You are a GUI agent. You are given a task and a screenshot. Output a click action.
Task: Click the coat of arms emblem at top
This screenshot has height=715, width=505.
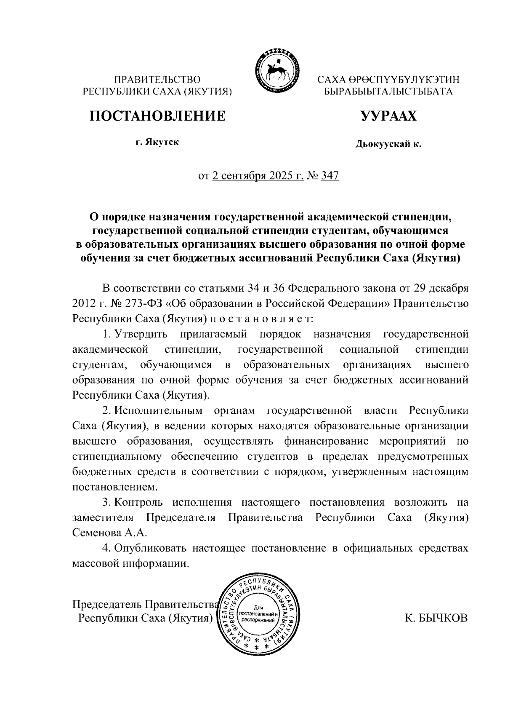pyautogui.click(x=276, y=70)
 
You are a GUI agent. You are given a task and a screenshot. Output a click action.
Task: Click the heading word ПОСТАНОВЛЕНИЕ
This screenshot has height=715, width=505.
pyautogui.click(x=157, y=115)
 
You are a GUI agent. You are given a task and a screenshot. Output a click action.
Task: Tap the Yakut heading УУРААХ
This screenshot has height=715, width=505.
pyautogui.click(x=388, y=115)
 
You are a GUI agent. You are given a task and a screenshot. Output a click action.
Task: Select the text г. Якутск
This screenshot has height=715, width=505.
pyautogui.click(x=157, y=142)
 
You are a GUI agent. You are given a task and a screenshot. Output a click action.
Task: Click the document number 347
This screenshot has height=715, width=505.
pyautogui.click(x=330, y=175)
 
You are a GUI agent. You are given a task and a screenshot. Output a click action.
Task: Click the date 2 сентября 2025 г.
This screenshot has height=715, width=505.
pyautogui.click(x=258, y=175)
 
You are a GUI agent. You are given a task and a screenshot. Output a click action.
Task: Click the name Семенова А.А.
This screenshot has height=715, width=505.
pyautogui.click(x=109, y=533)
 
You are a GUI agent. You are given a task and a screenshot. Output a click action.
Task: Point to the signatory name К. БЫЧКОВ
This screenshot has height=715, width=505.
pyautogui.click(x=436, y=618)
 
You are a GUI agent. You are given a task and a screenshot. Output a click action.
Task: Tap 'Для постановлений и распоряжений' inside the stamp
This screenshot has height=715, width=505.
pyautogui.click(x=259, y=614)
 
